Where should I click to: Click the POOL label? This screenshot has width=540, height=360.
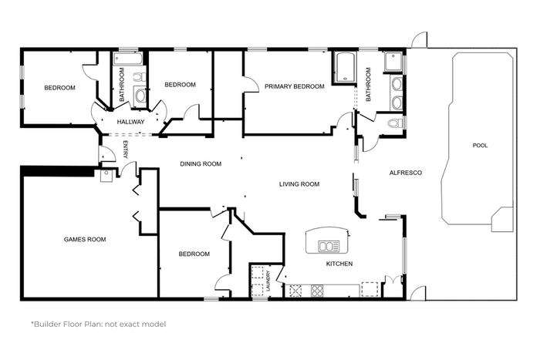pyautogui.click(x=480, y=146)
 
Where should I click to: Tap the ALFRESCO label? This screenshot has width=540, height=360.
pyautogui.click(x=405, y=173)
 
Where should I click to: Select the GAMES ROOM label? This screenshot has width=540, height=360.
pyautogui.click(x=85, y=240)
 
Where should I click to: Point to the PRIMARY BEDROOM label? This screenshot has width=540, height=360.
pyautogui.click(x=295, y=86)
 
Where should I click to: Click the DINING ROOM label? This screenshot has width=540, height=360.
pyautogui.click(x=201, y=164)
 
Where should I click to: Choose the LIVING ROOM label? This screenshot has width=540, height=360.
pyautogui.click(x=299, y=184)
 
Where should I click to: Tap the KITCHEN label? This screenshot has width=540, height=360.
pyautogui.click(x=339, y=264)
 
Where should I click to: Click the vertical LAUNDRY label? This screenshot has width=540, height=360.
pyautogui.click(x=268, y=281)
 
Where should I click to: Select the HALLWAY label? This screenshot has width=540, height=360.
pyautogui.click(x=130, y=122)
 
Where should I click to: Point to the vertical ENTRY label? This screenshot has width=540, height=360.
pyautogui.click(x=125, y=150)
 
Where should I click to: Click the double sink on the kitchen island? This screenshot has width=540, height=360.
pyautogui.click(x=329, y=246)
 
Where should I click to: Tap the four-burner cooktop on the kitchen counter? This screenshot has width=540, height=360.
pyautogui.click(x=317, y=291)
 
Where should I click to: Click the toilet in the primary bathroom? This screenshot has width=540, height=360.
pyautogui.click(x=395, y=123)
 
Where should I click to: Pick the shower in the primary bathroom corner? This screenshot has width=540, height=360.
pyautogui.click(x=393, y=62)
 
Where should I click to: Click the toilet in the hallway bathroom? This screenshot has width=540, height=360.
pyautogui.click(x=140, y=77)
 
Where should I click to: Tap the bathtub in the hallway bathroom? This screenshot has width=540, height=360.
pyautogui.click(x=128, y=59)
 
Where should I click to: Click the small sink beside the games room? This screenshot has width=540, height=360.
pyautogui.click(x=106, y=176)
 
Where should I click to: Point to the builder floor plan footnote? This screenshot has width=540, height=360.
pyautogui.click(x=99, y=325)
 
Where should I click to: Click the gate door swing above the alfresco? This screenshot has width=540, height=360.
pyautogui.click(x=420, y=40)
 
